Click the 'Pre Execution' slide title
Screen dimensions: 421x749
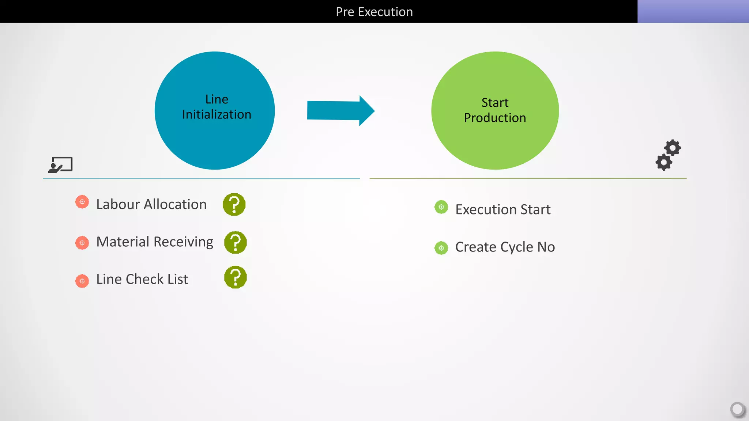coord(374,12)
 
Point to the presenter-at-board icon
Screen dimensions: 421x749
coord(61,165)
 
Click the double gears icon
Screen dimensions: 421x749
coord(668,155)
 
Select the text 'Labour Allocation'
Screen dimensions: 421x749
coord(151,204)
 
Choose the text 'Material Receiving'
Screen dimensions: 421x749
coord(155,242)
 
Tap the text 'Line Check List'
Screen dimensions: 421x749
coord(142,279)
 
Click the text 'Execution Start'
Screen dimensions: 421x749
coord(503,209)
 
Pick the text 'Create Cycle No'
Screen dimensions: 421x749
coord(505,247)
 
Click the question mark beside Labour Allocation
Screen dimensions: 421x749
coord(234,204)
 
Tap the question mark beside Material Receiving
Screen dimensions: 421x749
coord(236,242)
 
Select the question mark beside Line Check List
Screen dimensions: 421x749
coord(236,277)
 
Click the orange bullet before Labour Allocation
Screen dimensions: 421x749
coord(82,202)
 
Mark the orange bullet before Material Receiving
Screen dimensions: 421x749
coord(82,243)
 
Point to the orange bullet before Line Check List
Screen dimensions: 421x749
coord(82,281)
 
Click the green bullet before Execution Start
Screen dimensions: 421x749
coord(441,207)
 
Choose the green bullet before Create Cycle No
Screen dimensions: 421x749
coord(441,248)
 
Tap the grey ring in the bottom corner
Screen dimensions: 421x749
coord(737,409)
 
